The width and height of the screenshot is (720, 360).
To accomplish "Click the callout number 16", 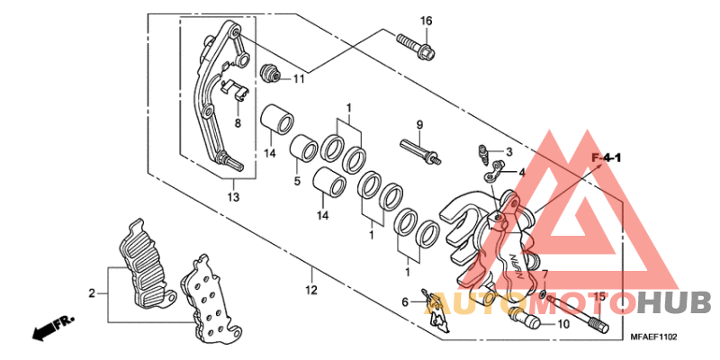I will coord(426,21).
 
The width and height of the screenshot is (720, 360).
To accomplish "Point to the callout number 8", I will coord(238,122).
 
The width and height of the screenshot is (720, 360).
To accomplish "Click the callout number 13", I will coord(233,197).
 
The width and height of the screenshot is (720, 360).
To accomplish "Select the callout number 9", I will coord(418,124).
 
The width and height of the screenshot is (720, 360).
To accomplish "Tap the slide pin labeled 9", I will coord(419,148).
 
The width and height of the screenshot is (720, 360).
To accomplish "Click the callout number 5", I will coord(298,181).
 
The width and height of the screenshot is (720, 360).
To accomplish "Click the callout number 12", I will coord(310,290).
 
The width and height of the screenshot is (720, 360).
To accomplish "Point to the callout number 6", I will coord(405,301).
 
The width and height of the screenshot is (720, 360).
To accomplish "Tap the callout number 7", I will coord(544,274).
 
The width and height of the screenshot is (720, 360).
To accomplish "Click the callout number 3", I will coord(508,152).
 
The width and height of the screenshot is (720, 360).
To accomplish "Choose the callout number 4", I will coord(521,172).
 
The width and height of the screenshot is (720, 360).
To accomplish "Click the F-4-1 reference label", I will coord(607,159).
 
